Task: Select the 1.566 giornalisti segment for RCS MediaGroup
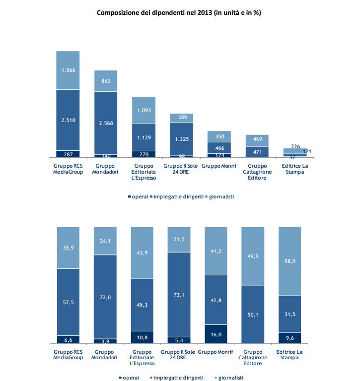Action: click(x=68, y=70)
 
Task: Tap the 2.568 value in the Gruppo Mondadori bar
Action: click(x=106, y=123)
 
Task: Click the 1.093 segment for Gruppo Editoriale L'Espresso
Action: click(x=144, y=110)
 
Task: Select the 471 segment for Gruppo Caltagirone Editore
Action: click(x=257, y=151)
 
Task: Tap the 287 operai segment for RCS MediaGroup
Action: click(x=68, y=154)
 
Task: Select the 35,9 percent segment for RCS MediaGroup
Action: click(x=68, y=247)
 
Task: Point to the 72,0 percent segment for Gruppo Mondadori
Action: click(x=106, y=297)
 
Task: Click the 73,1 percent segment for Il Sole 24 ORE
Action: click(x=181, y=294)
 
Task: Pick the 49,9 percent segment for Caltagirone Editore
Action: click(x=257, y=255)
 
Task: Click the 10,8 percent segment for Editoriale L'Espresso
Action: click(x=144, y=337)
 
